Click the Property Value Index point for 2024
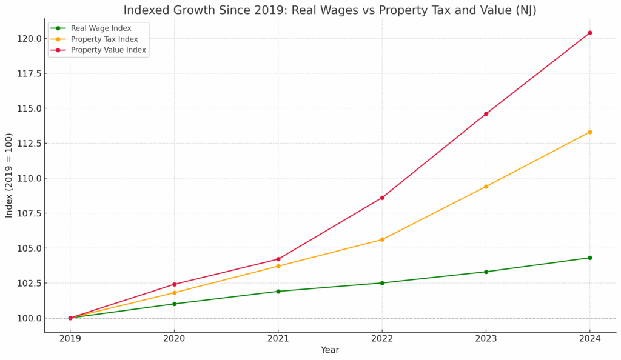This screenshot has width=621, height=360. point(589,33)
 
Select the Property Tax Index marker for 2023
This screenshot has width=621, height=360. point(486,187)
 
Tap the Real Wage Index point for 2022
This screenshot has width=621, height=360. point(382,283)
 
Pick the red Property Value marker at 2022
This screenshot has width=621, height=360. point(382,198)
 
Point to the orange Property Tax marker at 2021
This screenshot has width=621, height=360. point(278,266)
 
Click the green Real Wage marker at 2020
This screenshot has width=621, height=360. point(174,304)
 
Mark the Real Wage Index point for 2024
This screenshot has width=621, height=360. point(589,258)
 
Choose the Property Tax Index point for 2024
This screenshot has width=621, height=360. point(589,132)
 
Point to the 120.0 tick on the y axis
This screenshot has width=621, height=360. point(29,38)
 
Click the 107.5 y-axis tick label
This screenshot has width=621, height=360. point(29,213)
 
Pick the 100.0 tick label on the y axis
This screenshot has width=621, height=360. point(29,318)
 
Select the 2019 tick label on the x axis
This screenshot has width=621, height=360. point(70,339)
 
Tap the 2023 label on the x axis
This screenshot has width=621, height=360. point(486,339)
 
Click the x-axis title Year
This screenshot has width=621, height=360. point(330,350)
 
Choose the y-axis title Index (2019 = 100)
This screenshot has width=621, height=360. point(9,176)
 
